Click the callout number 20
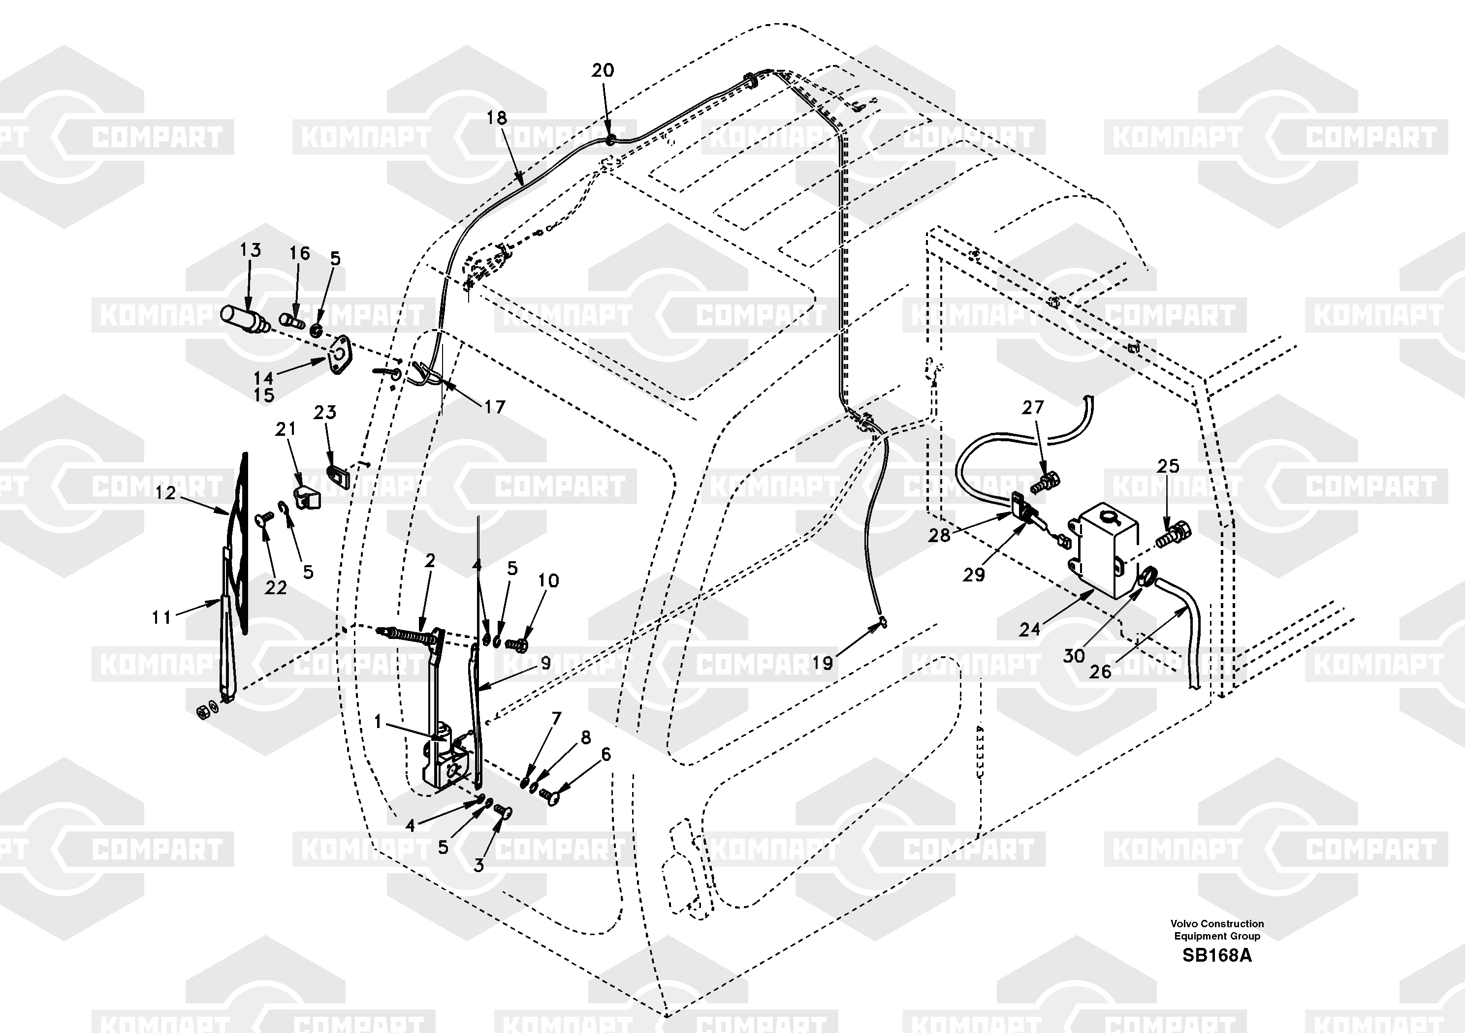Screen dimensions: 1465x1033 pyautogui.click(x=603, y=70)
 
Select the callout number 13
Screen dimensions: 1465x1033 pyautogui.click(x=250, y=250)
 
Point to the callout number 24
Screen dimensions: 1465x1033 pyautogui.click(x=1029, y=630)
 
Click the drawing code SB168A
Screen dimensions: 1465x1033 pyautogui.click(x=1217, y=956)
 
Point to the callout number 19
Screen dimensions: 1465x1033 pyautogui.click(x=823, y=663)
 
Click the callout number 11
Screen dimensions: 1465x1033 pyautogui.click(x=161, y=617)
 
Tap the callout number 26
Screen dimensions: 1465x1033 pyautogui.click(x=1100, y=671)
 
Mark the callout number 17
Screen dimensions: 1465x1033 pyautogui.click(x=495, y=407)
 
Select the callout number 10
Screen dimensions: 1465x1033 pyautogui.click(x=548, y=581)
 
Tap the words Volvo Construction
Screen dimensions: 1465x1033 pyautogui.click(x=1217, y=924)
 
